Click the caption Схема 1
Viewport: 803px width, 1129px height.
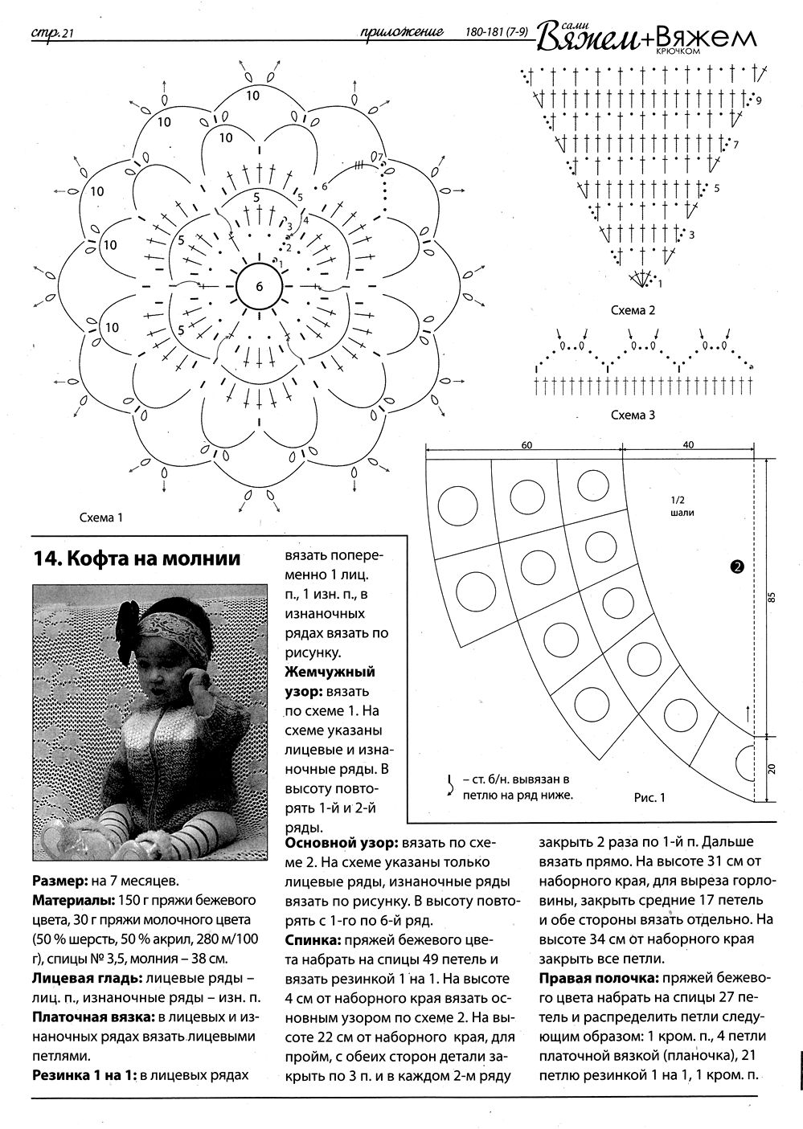pyautogui.click(x=100, y=518)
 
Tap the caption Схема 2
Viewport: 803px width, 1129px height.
pyautogui.click(x=633, y=310)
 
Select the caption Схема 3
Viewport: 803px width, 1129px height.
pyautogui.click(x=633, y=415)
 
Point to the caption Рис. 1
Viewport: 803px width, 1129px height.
pyautogui.click(x=650, y=798)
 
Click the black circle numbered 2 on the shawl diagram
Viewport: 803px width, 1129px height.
pyautogui.click(x=736, y=567)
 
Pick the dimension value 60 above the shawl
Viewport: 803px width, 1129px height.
pyautogui.click(x=526, y=444)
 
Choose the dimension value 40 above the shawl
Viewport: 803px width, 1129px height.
pyautogui.click(x=689, y=444)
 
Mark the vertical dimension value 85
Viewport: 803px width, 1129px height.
pyautogui.click(x=772, y=596)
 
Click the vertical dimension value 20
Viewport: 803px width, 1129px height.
pyautogui.click(x=772, y=769)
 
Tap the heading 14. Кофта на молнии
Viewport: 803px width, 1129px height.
pyautogui.click(x=137, y=558)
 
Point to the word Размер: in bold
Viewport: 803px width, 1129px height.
pyautogui.click(x=60, y=880)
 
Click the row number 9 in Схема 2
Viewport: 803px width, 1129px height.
pyautogui.click(x=758, y=100)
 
